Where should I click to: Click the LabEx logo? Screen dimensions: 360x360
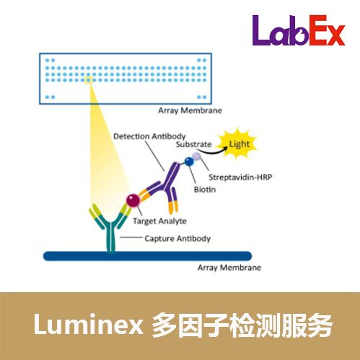(299, 30)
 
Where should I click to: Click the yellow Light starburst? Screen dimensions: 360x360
(238, 144)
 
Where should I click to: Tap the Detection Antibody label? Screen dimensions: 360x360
(149, 136)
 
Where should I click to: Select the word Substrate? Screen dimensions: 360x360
(193, 144)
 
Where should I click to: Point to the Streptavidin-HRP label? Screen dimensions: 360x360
(240, 177)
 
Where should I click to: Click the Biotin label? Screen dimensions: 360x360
(205, 190)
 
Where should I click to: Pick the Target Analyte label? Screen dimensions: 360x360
(159, 221)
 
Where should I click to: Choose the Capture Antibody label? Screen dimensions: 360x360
(177, 239)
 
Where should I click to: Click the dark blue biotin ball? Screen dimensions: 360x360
(189, 162)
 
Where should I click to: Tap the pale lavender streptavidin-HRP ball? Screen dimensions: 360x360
(196, 157)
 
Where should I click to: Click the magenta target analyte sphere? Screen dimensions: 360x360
(133, 201)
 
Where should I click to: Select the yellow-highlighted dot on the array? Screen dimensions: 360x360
(88, 80)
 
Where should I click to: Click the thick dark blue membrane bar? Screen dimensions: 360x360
(147, 256)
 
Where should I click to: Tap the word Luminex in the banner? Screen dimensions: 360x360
(89, 325)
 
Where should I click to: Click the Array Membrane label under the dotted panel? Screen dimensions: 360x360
(190, 110)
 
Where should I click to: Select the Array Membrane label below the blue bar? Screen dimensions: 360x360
(229, 268)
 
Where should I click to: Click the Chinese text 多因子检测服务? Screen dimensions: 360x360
(242, 325)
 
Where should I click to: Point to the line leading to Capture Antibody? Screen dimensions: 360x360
(131, 237)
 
